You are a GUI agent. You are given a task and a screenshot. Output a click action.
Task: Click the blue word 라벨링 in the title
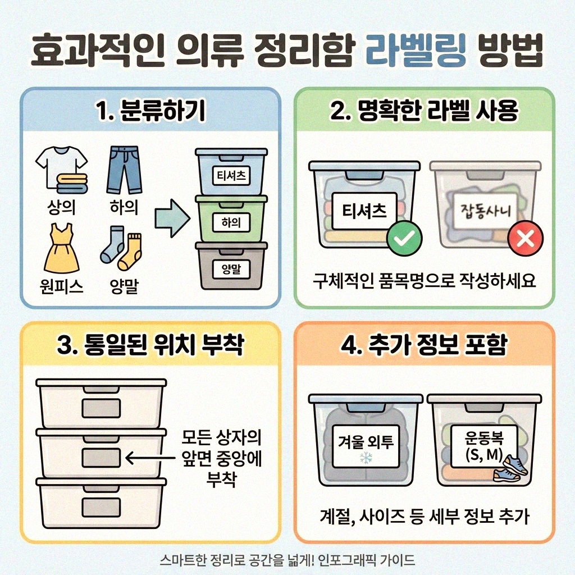pos(415,53)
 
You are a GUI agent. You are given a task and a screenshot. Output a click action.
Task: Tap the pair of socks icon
pos(121,250)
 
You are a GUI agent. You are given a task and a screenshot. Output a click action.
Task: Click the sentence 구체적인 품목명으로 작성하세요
pos(425,280)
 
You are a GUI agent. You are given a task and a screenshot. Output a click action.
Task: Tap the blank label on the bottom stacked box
pos(101,507)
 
